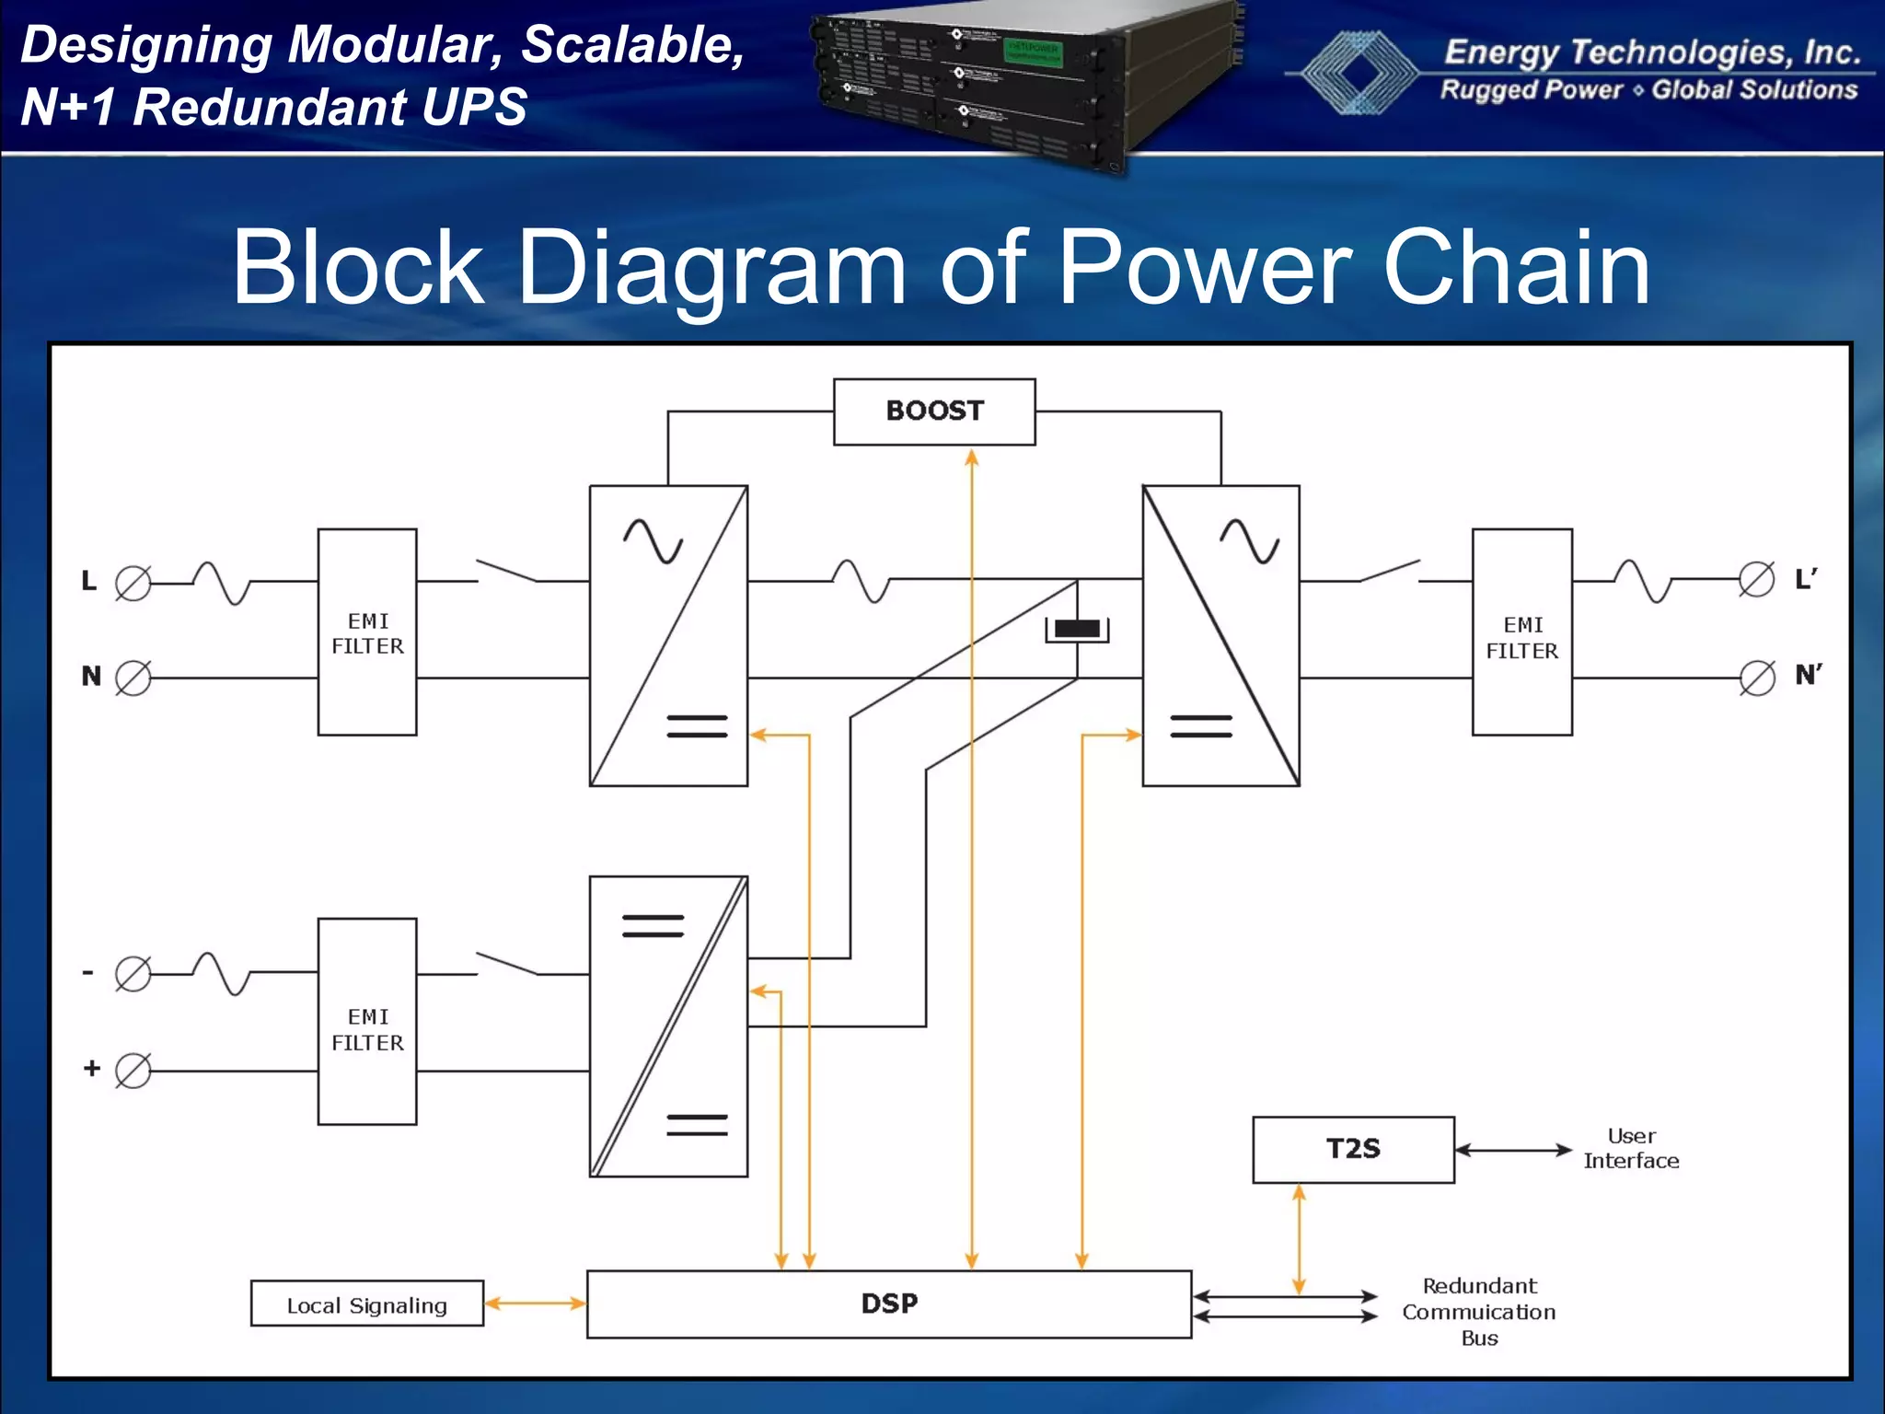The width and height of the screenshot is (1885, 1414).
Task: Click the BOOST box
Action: (934, 411)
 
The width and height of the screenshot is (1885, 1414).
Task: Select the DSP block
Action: (889, 1304)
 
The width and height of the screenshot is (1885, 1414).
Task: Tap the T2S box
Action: (1353, 1149)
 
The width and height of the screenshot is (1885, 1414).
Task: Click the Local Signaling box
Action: (366, 1304)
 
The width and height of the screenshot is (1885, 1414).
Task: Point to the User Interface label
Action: (1631, 1148)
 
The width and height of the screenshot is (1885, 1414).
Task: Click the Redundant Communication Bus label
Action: (1479, 1311)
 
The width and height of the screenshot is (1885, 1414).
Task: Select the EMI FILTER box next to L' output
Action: (1521, 632)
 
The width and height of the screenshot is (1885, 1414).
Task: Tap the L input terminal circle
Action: (133, 583)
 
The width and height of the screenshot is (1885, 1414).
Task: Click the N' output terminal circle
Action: (1757, 678)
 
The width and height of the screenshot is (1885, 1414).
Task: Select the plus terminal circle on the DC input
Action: (133, 1071)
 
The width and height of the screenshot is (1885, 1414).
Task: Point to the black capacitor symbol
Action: (1077, 629)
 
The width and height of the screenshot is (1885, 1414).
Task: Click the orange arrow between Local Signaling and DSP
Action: (535, 1304)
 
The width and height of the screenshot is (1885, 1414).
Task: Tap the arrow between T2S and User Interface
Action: (1513, 1150)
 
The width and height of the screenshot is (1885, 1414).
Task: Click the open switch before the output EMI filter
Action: (1390, 571)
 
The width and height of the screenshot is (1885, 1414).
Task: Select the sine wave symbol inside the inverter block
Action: (1249, 540)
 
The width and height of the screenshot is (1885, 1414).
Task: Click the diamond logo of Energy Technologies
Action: (1353, 72)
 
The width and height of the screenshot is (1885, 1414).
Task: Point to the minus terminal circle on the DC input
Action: (133, 974)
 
